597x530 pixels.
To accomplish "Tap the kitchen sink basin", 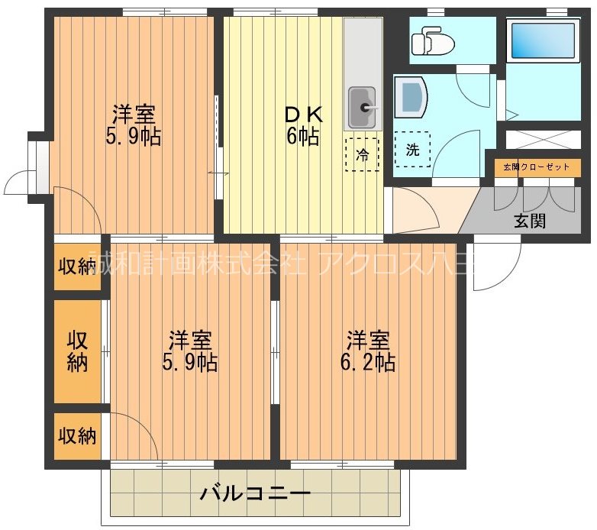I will (x=362, y=108).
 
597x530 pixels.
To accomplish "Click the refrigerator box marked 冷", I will (x=362, y=154).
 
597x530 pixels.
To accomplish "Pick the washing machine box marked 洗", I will (x=412, y=150).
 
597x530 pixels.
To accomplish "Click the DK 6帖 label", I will (x=304, y=126).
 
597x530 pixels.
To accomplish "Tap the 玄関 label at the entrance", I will (x=529, y=221).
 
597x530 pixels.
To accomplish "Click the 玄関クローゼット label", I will (x=536, y=166).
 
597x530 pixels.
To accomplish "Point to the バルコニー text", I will (x=255, y=493).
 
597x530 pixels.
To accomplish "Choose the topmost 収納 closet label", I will (x=78, y=267).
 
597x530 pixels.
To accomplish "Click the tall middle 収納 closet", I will (x=78, y=351).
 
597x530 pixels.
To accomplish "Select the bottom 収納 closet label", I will (x=78, y=436).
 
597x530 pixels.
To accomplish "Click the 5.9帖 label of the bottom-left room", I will (x=190, y=361).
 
